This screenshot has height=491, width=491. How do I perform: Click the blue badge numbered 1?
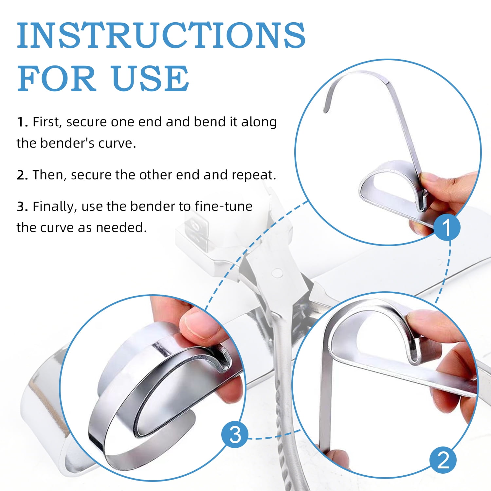point(447,227)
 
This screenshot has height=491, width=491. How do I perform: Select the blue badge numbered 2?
point(443,460)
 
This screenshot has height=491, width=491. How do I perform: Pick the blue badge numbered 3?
point(235,435)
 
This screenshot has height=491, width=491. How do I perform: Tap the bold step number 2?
point(22,175)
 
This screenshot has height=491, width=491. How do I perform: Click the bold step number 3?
point(22,207)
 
